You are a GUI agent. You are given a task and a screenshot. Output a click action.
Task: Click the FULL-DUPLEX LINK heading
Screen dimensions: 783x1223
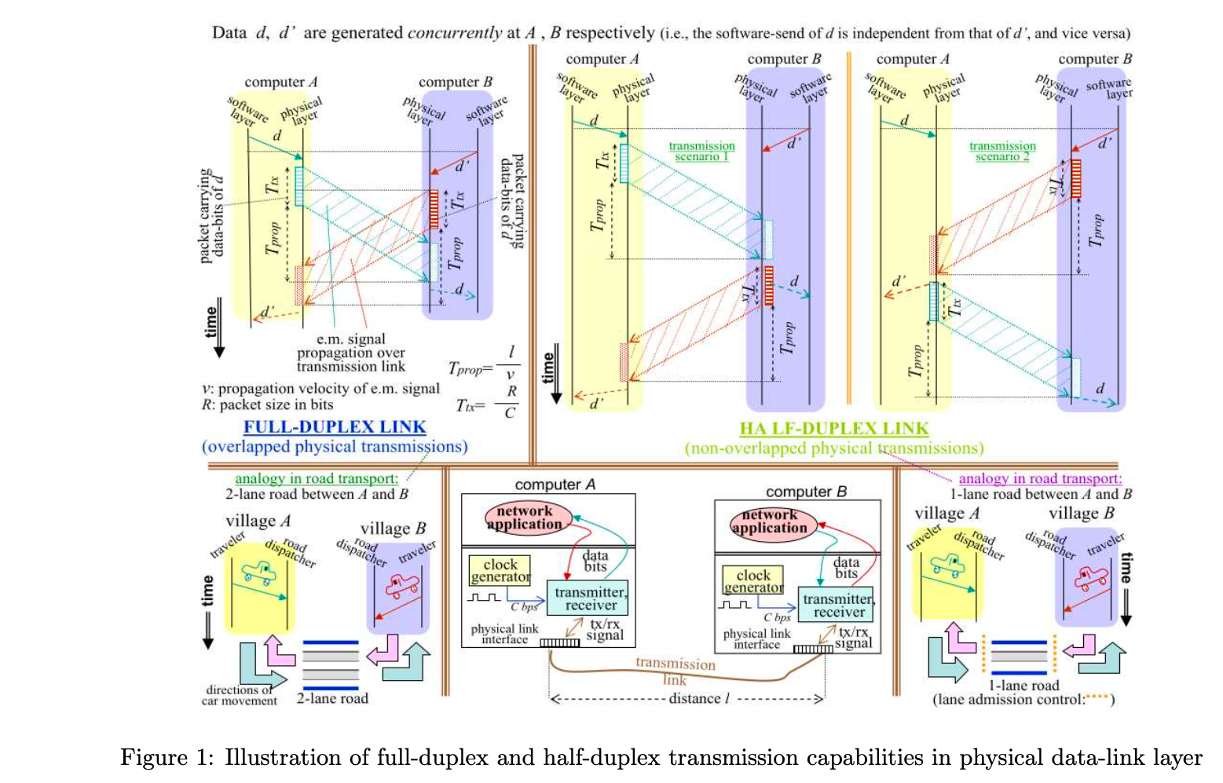click(x=335, y=427)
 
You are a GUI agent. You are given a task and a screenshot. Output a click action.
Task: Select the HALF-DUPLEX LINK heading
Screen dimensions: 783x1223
click(x=833, y=429)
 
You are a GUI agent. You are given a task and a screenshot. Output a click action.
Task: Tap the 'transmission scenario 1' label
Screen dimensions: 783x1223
click(x=701, y=151)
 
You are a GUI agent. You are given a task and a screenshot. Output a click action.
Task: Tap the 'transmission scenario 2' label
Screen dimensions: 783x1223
click(x=1001, y=151)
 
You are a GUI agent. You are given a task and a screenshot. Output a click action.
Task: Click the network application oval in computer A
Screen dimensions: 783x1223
click(x=524, y=518)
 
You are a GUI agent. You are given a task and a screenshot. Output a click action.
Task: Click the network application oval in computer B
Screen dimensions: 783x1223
click(x=769, y=521)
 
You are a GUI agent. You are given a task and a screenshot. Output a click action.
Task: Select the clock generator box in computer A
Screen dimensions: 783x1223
click(x=500, y=570)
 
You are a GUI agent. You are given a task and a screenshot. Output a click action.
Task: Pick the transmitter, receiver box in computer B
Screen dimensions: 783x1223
click(x=838, y=606)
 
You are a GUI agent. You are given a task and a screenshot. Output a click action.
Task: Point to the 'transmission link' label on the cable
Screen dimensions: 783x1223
click(x=676, y=670)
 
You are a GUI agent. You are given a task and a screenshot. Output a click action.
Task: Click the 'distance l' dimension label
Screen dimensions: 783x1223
click(x=699, y=698)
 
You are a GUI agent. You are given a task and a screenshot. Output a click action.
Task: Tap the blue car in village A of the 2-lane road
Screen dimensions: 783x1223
click(x=258, y=572)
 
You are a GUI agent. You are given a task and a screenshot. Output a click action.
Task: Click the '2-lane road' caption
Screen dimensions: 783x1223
click(x=331, y=698)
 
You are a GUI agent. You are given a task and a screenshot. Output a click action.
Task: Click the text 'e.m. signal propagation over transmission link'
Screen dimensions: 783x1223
click(x=350, y=353)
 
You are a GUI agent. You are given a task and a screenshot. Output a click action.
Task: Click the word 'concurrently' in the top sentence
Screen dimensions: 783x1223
click(x=454, y=32)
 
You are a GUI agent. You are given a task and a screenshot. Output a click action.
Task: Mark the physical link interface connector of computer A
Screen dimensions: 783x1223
click(x=559, y=642)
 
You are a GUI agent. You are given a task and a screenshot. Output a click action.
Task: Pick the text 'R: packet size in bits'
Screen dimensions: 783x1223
click(x=267, y=405)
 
